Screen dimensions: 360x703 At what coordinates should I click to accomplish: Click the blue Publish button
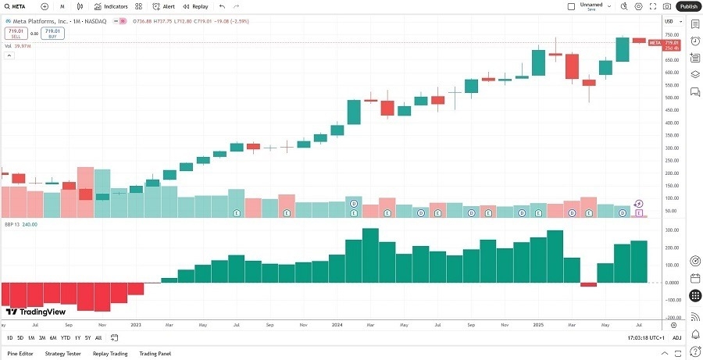pos(688,6)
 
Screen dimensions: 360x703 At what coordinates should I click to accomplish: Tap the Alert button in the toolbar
pos(163,6)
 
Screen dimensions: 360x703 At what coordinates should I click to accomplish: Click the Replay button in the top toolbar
pos(194,6)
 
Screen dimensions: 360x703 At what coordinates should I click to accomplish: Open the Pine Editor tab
pos(20,353)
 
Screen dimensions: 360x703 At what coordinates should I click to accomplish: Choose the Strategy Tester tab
pos(62,353)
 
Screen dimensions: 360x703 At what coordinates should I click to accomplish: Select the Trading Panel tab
pos(155,353)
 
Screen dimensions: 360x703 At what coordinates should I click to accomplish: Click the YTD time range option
pos(65,337)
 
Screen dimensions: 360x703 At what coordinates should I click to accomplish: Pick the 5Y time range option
pos(87,337)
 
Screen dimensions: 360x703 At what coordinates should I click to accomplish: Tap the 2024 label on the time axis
pos(337,323)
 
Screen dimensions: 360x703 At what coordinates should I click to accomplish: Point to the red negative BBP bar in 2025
pos(588,284)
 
